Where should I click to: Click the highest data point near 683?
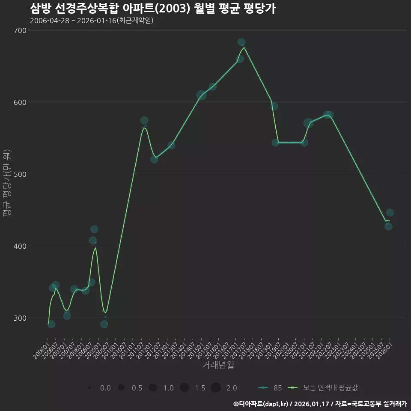pos(241,42)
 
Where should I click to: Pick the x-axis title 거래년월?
pos(218,365)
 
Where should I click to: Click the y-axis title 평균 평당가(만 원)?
pos(6,183)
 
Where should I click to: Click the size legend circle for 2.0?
pos(216,388)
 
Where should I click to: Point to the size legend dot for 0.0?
pos(89,388)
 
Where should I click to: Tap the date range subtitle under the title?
pos(92,21)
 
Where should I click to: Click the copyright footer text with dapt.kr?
pos(320,404)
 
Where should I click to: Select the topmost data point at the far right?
pos(390,213)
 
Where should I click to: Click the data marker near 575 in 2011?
pos(144,121)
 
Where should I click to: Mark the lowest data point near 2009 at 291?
pos(104,324)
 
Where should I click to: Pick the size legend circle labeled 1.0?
pos(152,388)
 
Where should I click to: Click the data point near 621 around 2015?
pos(213,87)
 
